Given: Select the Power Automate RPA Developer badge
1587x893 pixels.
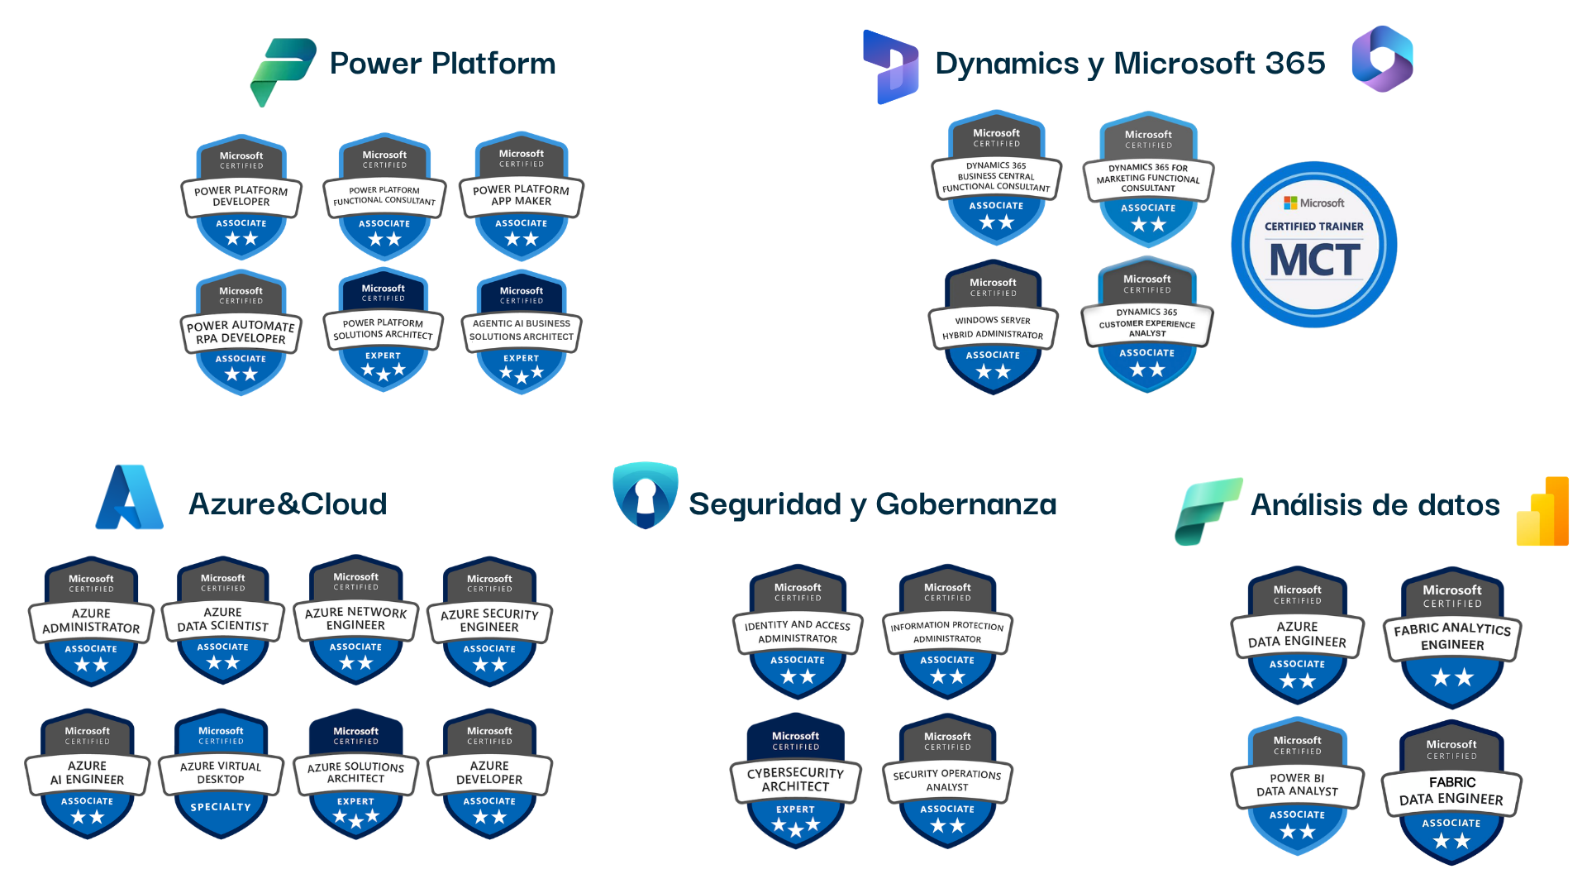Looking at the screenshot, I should [241, 332].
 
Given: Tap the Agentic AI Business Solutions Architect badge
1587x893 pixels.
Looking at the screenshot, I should [522, 331].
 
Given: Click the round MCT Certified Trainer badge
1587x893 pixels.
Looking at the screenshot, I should [1314, 245].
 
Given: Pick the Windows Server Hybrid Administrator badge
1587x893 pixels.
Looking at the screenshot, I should [993, 327].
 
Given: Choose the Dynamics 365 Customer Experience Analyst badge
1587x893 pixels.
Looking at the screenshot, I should [1147, 324].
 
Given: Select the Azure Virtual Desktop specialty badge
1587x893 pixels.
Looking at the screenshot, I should [221, 773].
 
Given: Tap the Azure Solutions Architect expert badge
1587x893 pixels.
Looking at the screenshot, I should [355, 773].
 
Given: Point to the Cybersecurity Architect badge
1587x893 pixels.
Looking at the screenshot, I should [796, 780].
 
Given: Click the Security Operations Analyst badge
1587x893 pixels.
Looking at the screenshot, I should [947, 781].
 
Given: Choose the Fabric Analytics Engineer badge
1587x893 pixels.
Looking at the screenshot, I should [1452, 638].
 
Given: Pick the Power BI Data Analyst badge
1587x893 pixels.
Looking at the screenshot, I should [1297, 786].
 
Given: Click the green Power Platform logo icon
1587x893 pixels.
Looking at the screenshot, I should [282, 71].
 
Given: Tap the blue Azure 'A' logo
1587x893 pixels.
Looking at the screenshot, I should [130, 498].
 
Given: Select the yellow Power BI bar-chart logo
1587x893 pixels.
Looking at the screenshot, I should [1542, 512].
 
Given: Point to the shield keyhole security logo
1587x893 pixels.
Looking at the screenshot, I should [646, 494].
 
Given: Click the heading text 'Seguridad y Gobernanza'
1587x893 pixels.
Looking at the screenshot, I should [873, 504].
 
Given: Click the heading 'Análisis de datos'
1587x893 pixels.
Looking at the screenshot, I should [1375, 505].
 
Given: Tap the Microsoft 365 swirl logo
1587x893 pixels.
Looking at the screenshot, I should [1382, 59].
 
